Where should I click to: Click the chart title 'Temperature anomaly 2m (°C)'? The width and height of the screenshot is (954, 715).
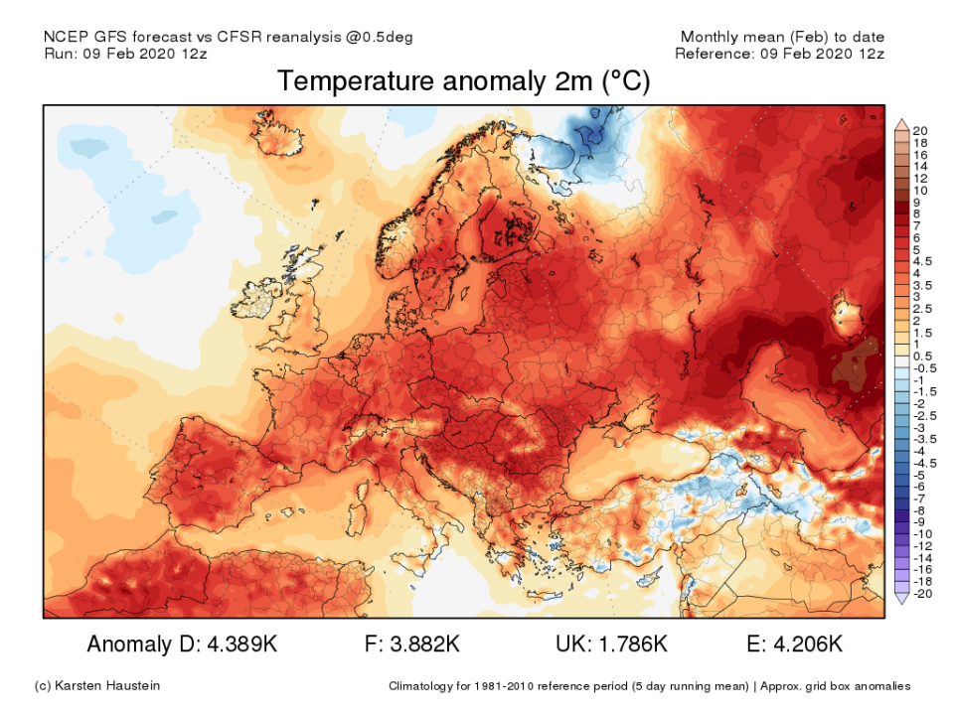(x=464, y=81)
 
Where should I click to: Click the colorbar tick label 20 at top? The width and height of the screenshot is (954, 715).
(x=919, y=131)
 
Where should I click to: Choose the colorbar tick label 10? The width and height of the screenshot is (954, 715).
(x=919, y=190)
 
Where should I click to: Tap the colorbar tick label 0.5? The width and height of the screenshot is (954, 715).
(x=921, y=356)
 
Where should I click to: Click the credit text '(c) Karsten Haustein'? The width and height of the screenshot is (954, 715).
(x=96, y=685)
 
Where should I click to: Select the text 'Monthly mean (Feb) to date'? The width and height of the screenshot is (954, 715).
(x=782, y=37)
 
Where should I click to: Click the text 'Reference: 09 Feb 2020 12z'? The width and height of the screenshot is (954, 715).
(x=779, y=54)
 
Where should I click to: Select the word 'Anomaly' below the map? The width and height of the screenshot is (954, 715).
(x=129, y=644)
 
